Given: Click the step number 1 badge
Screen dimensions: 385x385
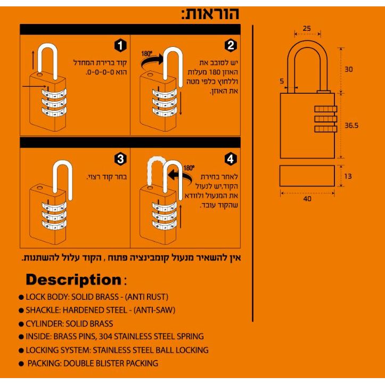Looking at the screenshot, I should (121, 46).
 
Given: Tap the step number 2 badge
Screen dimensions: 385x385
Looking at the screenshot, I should (231, 46).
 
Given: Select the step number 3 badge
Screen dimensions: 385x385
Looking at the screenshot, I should (121, 158).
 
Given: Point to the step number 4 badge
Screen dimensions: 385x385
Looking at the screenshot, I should (231, 158).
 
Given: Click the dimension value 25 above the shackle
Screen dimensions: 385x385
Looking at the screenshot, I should (307, 28).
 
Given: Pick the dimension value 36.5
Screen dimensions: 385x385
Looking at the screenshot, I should (351, 126).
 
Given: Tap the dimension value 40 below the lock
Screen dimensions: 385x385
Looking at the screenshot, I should (307, 198).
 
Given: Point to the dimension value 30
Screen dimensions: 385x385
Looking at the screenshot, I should (349, 69).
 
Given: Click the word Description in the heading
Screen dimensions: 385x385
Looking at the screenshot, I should (73, 279).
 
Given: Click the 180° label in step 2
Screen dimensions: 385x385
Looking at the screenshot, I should (146, 54).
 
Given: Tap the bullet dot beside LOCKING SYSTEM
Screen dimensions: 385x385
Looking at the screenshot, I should (21, 350).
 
